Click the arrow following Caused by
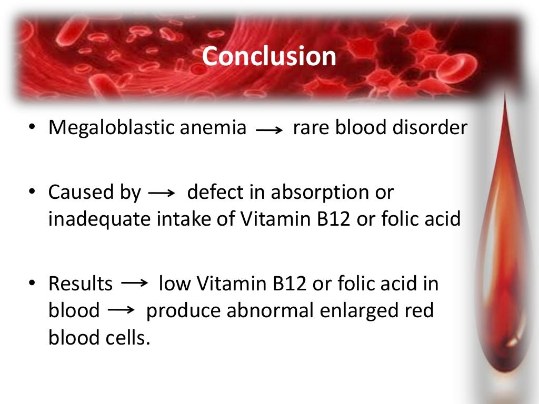[162, 194]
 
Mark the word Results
[81, 284]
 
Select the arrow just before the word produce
[121, 311]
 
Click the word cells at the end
[126, 338]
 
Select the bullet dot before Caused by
[33, 193]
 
